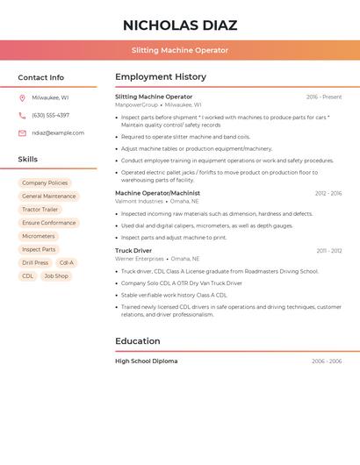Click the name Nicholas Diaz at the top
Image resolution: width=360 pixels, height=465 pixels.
pyautogui.click(x=180, y=25)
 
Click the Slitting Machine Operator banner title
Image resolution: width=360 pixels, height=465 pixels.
pyautogui.click(x=180, y=50)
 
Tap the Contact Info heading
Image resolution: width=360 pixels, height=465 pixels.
pyautogui.click(x=41, y=77)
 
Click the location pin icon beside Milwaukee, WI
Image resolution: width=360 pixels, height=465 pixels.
pyautogui.click(x=22, y=98)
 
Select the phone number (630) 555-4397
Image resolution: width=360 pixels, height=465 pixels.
pyautogui.click(x=50, y=115)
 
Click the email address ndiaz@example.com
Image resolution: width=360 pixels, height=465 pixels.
pyautogui.click(x=58, y=132)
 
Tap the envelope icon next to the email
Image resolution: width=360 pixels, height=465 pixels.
pyautogui.click(x=22, y=133)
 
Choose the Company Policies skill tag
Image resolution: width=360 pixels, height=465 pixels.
pyautogui.click(x=45, y=182)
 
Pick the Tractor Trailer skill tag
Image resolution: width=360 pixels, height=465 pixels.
pyautogui.click(x=40, y=210)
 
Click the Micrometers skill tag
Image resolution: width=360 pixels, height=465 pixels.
pyautogui.click(x=38, y=236)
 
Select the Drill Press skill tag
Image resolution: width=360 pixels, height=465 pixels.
pyautogui.click(x=35, y=262)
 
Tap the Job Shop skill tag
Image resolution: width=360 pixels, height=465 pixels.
pyautogui.click(x=55, y=275)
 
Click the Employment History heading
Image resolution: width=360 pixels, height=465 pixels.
pyautogui.click(x=161, y=77)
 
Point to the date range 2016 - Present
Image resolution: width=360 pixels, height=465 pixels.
pyautogui.click(x=324, y=97)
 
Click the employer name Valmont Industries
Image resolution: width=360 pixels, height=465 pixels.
pyautogui.click(x=140, y=201)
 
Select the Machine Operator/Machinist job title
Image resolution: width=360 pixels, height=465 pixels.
pyautogui.click(x=157, y=193)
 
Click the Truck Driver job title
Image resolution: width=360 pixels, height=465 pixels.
pyautogui.click(x=133, y=251)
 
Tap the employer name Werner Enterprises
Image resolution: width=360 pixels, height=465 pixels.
pyautogui.click(x=140, y=259)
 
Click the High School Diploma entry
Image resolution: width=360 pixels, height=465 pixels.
pyautogui.click(x=147, y=361)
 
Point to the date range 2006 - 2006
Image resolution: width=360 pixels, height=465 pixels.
pyautogui.click(x=327, y=361)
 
